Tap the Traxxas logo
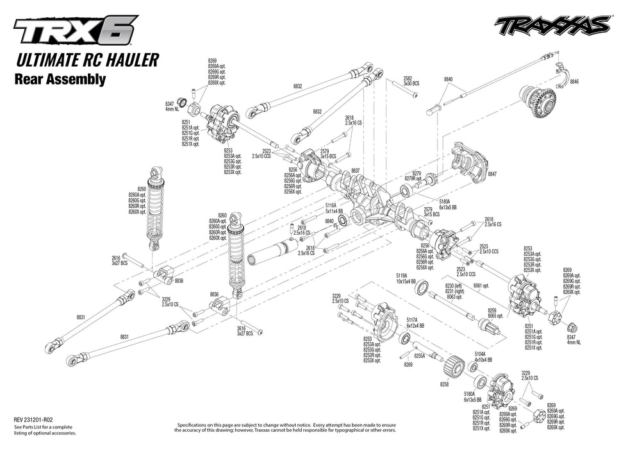551,26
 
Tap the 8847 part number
492,174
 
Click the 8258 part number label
444,384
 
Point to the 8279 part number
417,173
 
